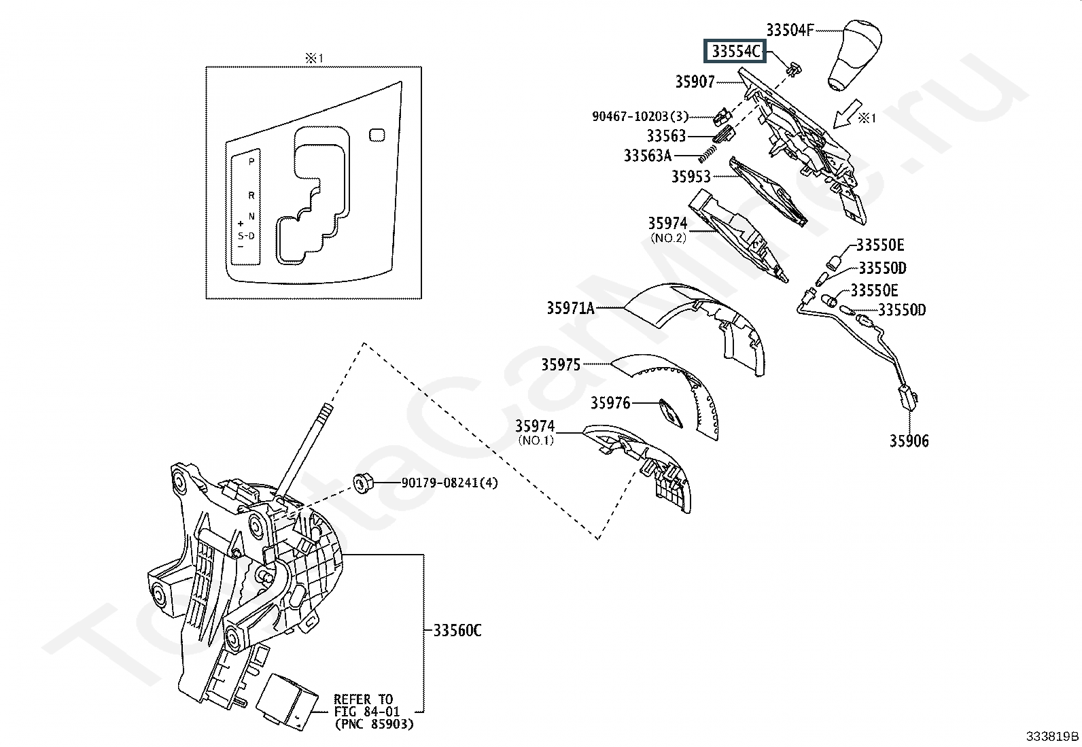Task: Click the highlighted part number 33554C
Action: (x=735, y=51)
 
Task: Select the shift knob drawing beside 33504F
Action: (x=852, y=56)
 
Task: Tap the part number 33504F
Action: (x=790, y=30)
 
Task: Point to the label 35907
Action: (x=695, y=82)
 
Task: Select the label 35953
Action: (x=691, y=177)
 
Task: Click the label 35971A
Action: (x=570, y=309)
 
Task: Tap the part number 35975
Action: (x=561, y=365)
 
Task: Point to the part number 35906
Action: (x=909, y=441)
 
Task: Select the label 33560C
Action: (x=457, y=631)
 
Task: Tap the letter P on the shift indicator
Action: (x=251, y=162)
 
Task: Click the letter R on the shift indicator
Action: (x=251, y=196)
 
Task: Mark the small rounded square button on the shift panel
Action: (x=376, y=135)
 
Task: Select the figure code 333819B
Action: (x=1052, y=736)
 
